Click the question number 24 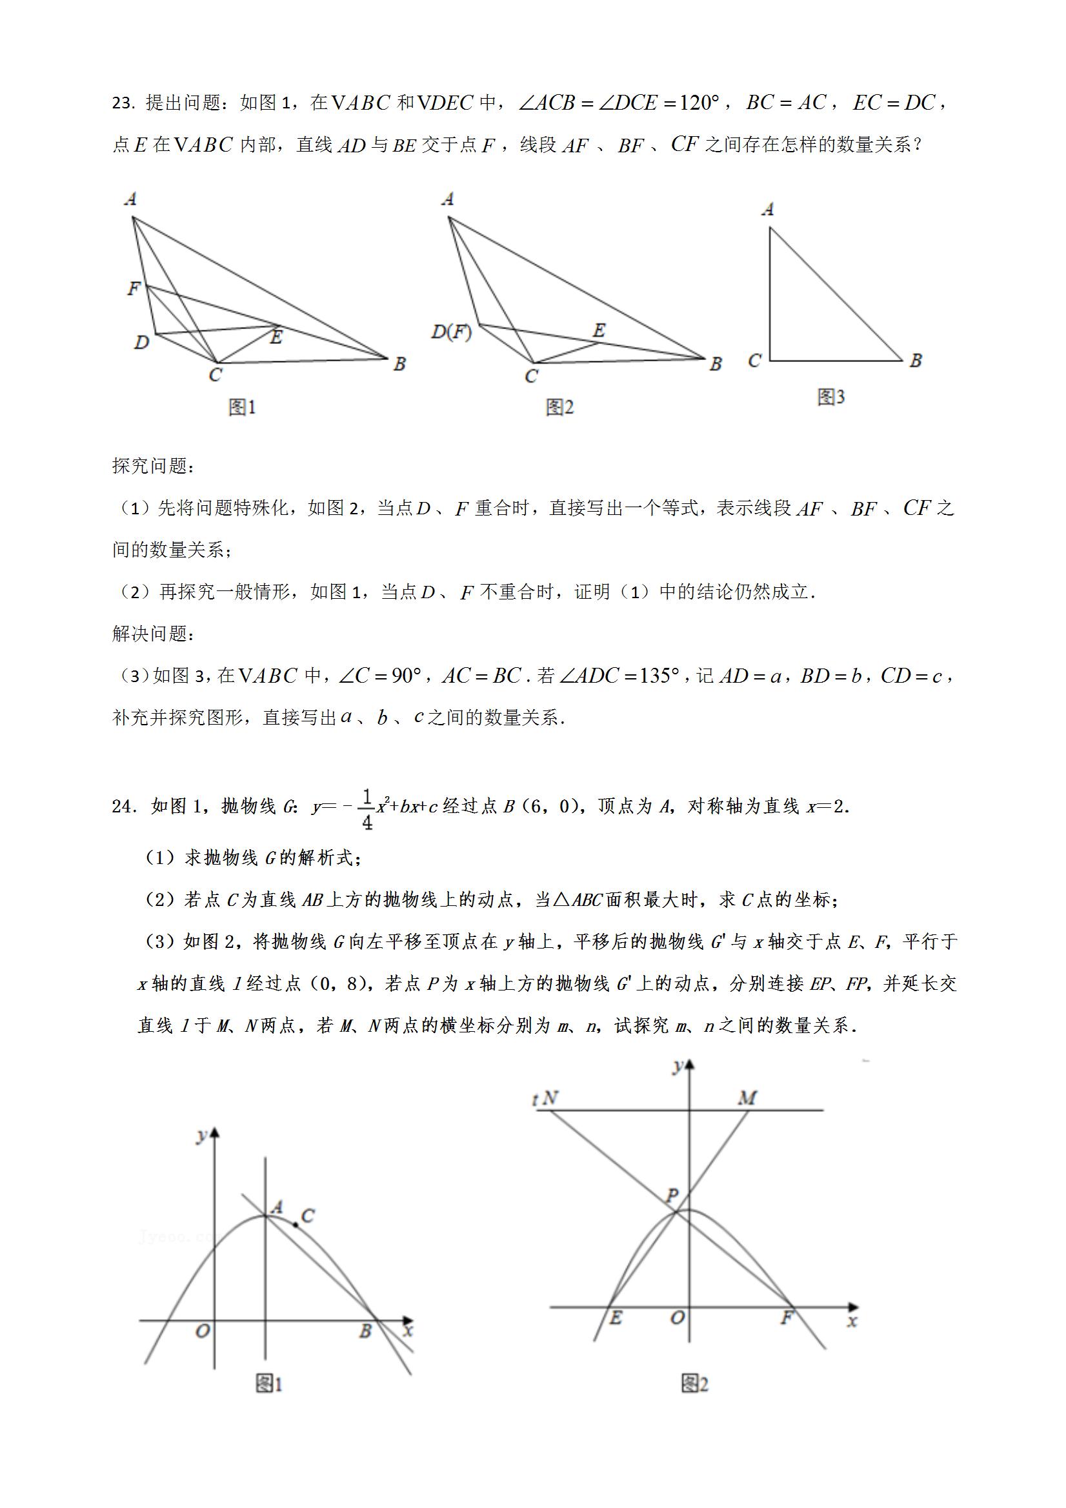point(124,807)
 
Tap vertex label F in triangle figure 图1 point(134,288)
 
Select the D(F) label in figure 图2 point(451,332)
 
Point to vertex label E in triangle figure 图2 point(598,330)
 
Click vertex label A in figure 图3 point(768,210)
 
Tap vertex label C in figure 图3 point(754,361)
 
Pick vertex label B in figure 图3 point(916,361)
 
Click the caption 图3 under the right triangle point(831,397)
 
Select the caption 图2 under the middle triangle point(559,408)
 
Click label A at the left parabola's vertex point(277,1207)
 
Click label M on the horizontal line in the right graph point(747,1098)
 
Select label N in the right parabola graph point(550,1098)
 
